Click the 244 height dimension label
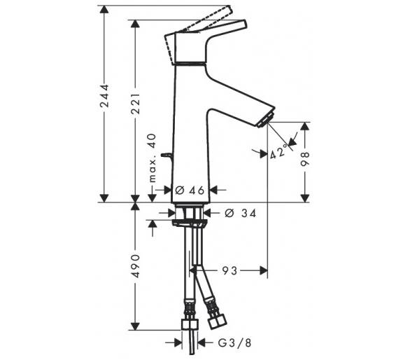pyautogui.click(x=104, y=96)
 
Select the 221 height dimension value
pyautogui.click(x=136, y=103)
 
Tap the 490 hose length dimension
pyautogui.click(x=136, y=265)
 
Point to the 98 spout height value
pyautogui.click(x=305, y=159)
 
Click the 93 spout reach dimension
pyautogui.click(x=230, y=271)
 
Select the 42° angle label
pyautogui.click(x=278, y=153)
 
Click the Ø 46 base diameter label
pyautogui.click(x=190, y=191)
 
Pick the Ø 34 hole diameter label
pyautogui.click(x=240, y=214)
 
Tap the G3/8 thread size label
pyautogui.click(x=234, y=342)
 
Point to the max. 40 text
pyautogui.click(x=152, y=158)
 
